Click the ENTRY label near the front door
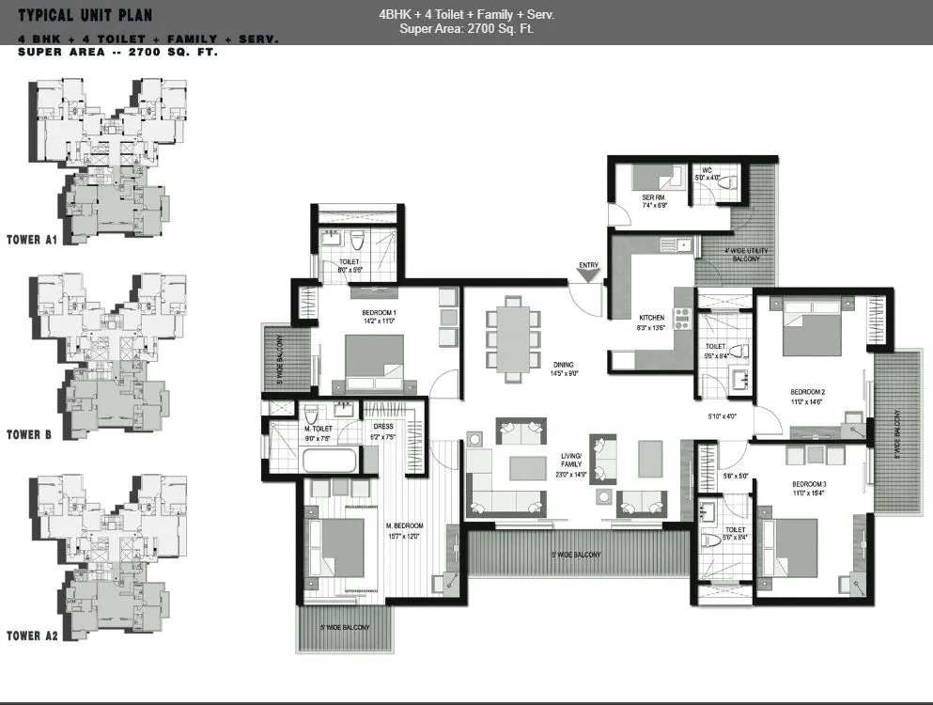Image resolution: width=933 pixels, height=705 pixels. pyautogui.click(x=588, y=265)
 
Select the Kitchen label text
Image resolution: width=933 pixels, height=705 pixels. pyautogui.click(x=652, y=317)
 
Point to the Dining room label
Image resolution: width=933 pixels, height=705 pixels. pyautogui.click(x=563, y=365)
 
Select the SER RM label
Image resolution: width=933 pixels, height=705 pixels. pyautogui.click(x=654, y=196)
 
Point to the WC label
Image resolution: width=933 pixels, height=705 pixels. pyautogui.click(x=707, y=170)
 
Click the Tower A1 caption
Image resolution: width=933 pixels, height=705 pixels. pyautogui.click(x=32, y=239)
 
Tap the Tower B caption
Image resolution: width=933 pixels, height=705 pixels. pyautogui.click(x=28, y=434)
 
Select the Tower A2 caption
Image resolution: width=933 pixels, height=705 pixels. pyautogui.click(x=32, y=635)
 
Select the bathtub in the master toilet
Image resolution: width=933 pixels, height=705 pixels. pyautogui.click(x=330, y=462)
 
